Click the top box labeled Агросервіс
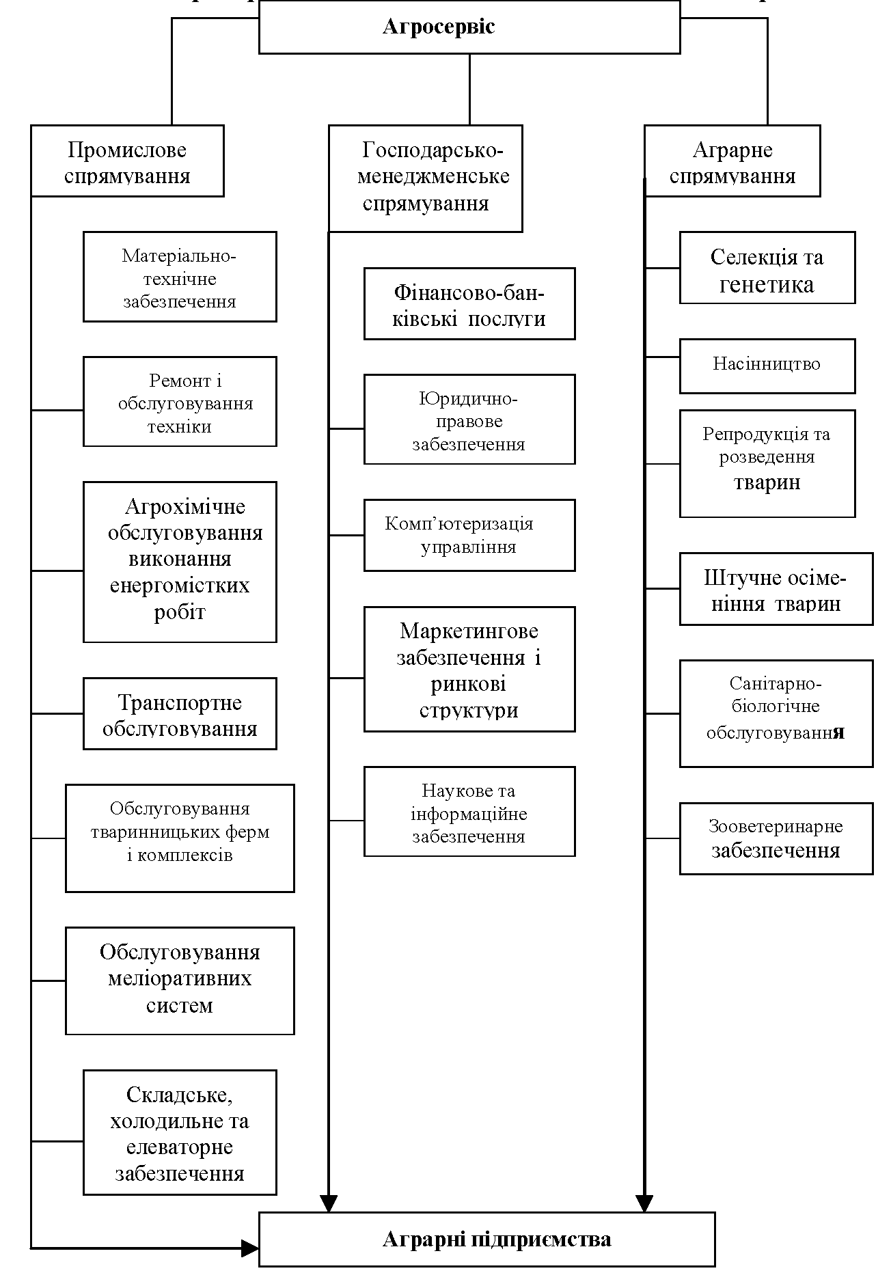pos(469,27)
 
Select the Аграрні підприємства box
pos(486,1239)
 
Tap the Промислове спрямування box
pos(127,161)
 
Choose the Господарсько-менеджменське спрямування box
pos(426,178)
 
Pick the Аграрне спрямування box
pos(732,161)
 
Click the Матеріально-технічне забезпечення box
pos(180,277)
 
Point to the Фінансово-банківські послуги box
pos(469,304)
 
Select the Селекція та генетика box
pos(767,268)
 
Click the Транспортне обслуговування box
pos(180,713)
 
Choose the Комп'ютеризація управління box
pos(469,535)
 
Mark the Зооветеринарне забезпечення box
pos(776,838)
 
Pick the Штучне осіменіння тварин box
pos(776,589)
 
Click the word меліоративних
pos(180,978)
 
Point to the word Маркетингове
pos(469,631)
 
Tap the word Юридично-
pos(469,398)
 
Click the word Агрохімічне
pos(185,507)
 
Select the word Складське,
pos(180,1095)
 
